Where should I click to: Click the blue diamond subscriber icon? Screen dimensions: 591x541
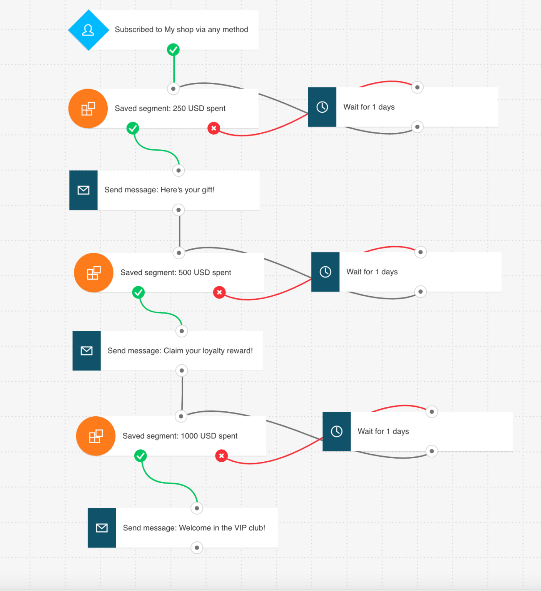(x=88, y=30)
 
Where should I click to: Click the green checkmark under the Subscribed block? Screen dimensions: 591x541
(x=174, y=50)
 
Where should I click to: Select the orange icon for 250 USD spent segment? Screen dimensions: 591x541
(x=88, y=109)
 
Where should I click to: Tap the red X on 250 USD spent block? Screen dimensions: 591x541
(x=214, y=128)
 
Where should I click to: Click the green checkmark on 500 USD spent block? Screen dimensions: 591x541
(x=139, y=292)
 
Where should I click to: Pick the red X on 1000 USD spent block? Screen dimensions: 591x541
(x=222, y=456)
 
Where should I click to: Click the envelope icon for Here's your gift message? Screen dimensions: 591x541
(x=83, y=190)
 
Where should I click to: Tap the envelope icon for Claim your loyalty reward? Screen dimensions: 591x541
(x=87, y=351)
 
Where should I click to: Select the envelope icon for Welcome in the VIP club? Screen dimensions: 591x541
(x=102, y=528)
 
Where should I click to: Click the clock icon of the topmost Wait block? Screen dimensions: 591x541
(x=322, y=107)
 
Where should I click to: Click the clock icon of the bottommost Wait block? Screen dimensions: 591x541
(x=337, y=431)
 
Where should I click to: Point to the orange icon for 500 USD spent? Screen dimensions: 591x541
(x=94, y=273)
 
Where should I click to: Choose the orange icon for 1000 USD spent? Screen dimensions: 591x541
(x=96, y=436)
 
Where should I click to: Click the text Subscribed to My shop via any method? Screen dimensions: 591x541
(x=181, y=30)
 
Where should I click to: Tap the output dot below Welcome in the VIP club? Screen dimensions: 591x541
(x=197, y=548)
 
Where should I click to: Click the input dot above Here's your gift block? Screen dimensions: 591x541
(x=179, y=170)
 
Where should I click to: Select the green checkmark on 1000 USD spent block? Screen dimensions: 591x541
(x=140, y=456)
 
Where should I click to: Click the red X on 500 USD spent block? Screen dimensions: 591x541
(x=219, y=292)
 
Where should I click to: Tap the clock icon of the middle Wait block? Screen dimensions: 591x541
(x=326, y=272)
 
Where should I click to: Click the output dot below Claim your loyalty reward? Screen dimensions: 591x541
(x=182, y=371)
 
